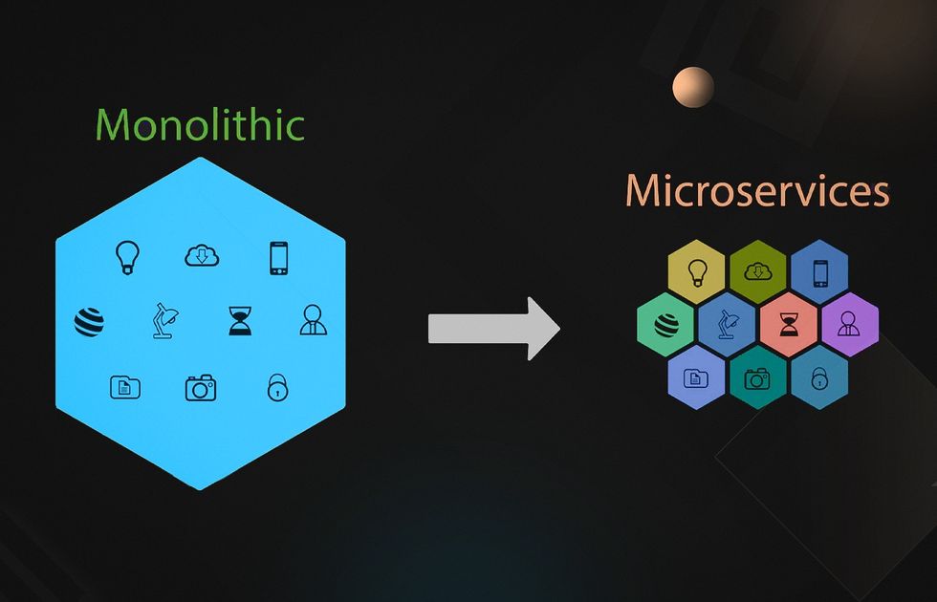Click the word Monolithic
click(x=200, y=125)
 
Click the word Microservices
click(x=757, y=191)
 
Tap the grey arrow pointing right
click(x=492, y=328)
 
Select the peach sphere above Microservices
click(x=693, y=88)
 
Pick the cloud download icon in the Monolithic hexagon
click(x=202, y=256)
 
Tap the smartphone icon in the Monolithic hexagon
click(x=278, y=258)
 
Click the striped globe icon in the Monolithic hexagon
click(x=88, y=322)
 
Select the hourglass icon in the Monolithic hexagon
click(x=238, y=321)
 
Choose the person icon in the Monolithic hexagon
click(x=313, y=320)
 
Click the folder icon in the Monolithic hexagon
click(x=125, y=387)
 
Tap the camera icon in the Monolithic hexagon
click(x=201, y=387)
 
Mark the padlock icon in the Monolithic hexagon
click(x=277, y=387)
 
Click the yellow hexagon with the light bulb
click(x=697, y=271)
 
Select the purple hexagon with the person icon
click(x=849, y=324)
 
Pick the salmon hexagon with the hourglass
click(x=788, y=324)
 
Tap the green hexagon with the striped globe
click(x=666, y=324)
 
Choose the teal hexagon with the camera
click(x=757, y=378)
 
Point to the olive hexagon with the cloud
click(x=757, y=271)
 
